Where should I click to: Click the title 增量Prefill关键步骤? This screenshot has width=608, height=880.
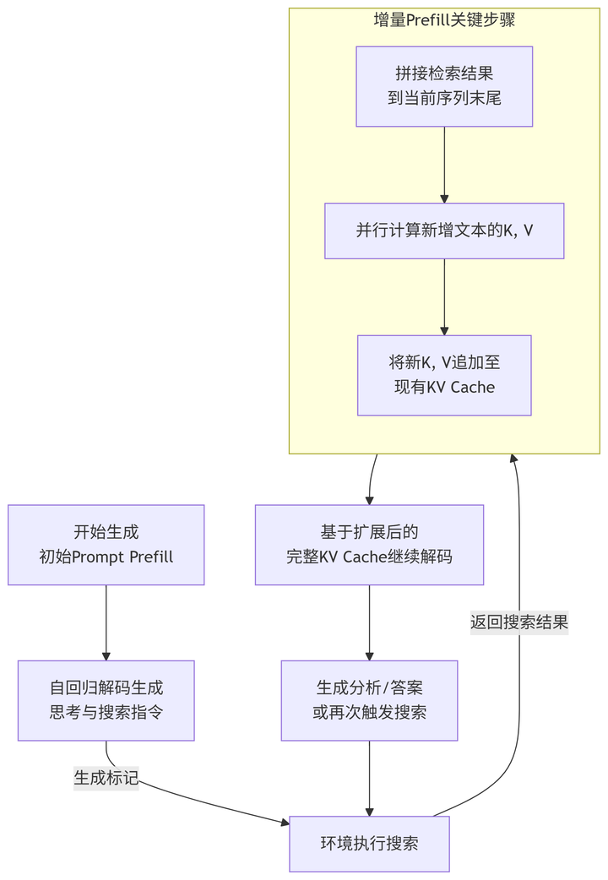click(444, 20)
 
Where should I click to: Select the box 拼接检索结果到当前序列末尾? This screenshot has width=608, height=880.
click(444, 86)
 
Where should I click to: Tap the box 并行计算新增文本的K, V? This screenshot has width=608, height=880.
click(444, 231)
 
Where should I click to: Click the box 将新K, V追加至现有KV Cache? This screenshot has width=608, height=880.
click(444, 375)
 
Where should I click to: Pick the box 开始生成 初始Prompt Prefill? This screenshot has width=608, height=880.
click(106, 545)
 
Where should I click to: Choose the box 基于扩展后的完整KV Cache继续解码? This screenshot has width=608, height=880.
click(369, 545)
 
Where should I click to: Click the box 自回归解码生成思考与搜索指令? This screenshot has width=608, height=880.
click(106, 700)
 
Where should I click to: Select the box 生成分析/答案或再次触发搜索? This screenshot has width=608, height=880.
click(369, 700)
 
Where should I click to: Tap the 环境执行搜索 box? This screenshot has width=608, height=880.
click(369, 844)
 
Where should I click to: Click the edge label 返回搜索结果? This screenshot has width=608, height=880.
click(518, 622)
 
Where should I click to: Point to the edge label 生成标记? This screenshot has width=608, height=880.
click(106, 778)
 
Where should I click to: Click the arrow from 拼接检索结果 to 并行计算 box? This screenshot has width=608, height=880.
click(444, 165)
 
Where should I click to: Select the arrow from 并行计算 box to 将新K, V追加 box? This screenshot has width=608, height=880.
click(444, 296)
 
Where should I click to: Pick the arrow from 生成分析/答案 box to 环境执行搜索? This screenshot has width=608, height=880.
click(369, 778)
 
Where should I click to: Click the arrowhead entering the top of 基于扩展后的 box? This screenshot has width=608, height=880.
click(369, 499)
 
